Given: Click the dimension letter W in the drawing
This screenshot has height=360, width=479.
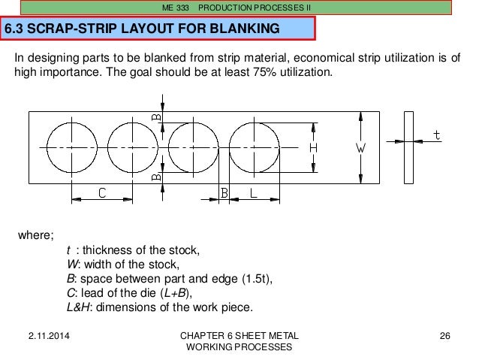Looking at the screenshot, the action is point(360,149).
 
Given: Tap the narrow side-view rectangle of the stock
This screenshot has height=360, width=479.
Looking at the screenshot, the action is point(408,147).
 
